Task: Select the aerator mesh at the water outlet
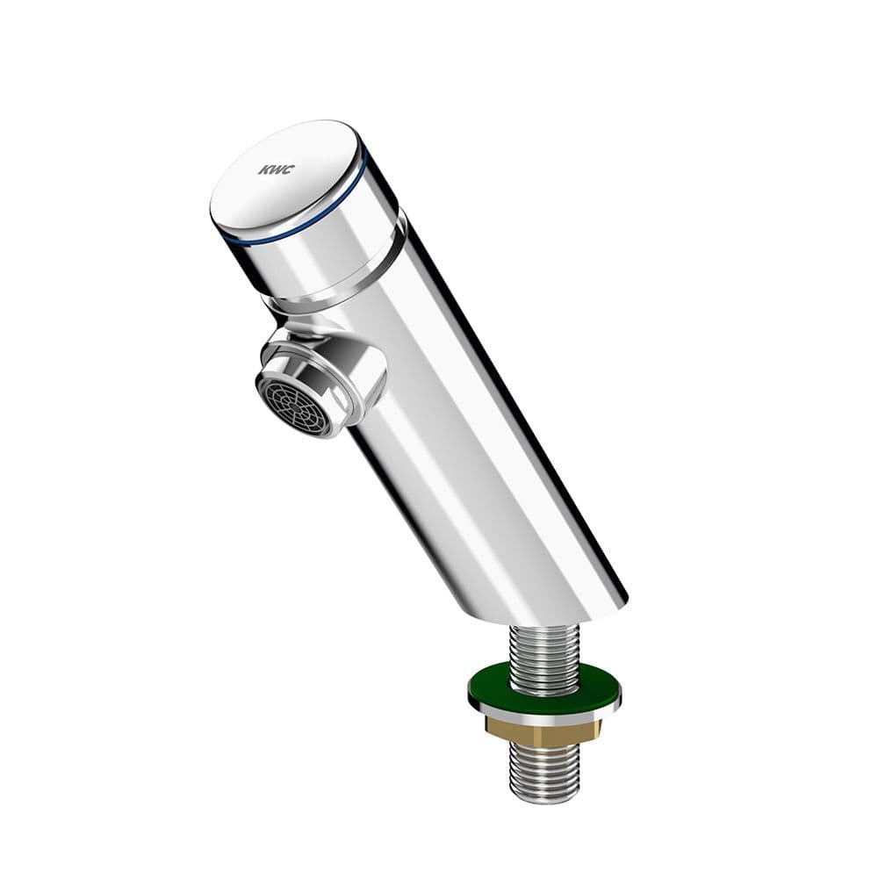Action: coord(294,402)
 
